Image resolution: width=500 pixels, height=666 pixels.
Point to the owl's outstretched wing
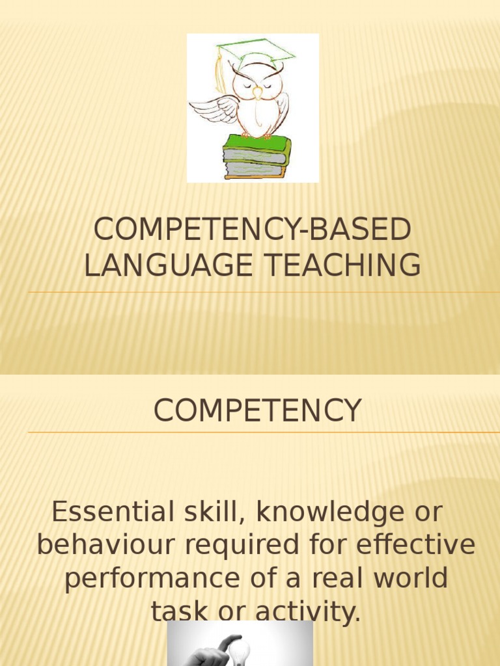click(x=214, y=109)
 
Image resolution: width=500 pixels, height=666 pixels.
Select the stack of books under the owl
click(x=256, y=157)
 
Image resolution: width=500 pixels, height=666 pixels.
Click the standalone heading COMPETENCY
click(x=257, y=411)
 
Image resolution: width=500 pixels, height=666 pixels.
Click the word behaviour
click(x=107, y=545)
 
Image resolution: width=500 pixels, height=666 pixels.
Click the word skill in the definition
click(x=204, y=512)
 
